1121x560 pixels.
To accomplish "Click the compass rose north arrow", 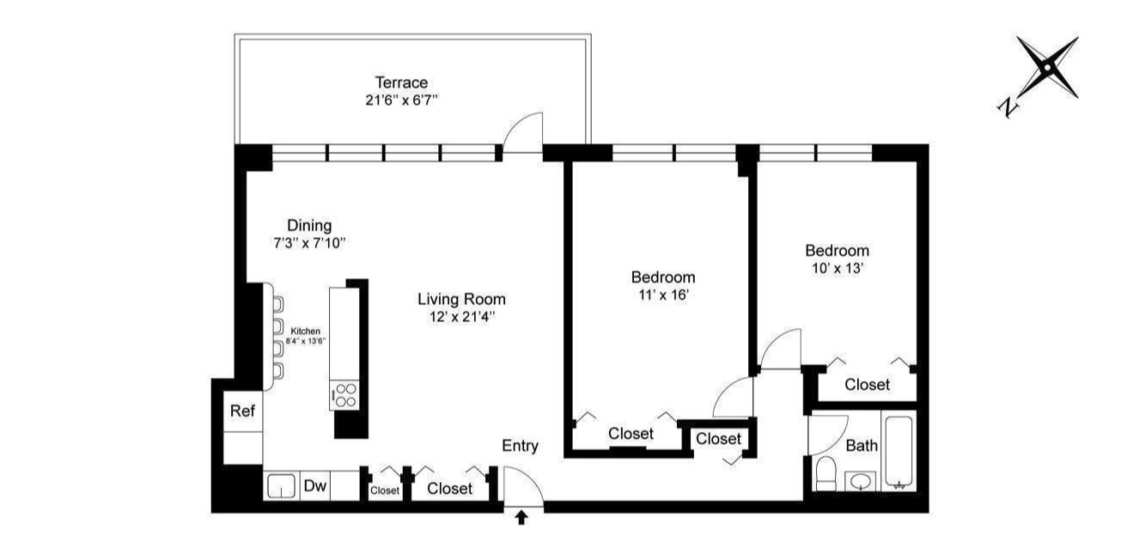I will pos(1047,68).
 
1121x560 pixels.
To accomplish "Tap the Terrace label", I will pos(401,82).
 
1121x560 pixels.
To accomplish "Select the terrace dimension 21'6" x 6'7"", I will pos(402,100).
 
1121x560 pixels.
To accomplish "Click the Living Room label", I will pos(461,300).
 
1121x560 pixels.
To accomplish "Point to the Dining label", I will pos(309,226).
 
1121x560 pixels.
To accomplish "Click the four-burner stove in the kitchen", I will pos(344,396).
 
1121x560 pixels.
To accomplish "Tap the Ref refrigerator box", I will pos(243,411).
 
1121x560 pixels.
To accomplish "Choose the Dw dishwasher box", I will pos(315,487).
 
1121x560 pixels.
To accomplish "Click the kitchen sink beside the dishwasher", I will pos(281,487).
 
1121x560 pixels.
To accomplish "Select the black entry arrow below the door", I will pos(521,517).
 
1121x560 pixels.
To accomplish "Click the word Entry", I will pos(521,446).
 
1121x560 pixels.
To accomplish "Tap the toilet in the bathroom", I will pos(825,473).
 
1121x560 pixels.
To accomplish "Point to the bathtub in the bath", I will pos(899,452).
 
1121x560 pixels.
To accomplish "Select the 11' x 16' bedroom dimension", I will pos(662,295).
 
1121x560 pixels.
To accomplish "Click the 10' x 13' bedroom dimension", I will pos(837,268).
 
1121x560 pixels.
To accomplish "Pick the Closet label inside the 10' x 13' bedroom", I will pos(867,385).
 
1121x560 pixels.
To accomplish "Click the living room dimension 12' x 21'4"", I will pos(461,316).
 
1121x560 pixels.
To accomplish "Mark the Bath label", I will pos(862,446).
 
